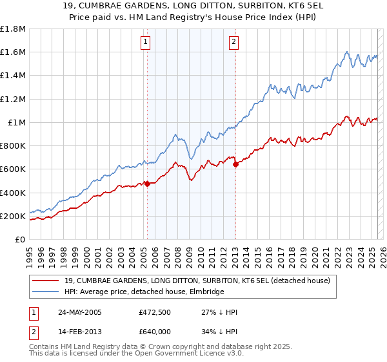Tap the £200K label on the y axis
pyautogui.click(x=14, y=216)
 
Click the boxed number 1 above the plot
pyautogui.click(x=146, y=43)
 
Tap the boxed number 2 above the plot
pyautogui.click(x=233, y=43)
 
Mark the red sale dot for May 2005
pyautogui.click(x=147, y=184)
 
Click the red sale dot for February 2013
pyautogui.click(x=235, y=164)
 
